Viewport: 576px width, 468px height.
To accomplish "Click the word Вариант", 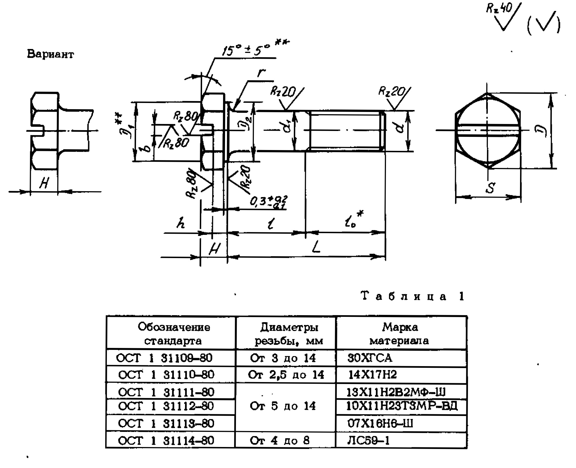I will pyautogui.click(x=50, y=54).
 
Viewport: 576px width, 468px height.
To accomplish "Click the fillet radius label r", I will pyautogui.click(x=261, y=72).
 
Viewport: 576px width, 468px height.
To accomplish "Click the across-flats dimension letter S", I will pyautogui.click(x=490, y=188).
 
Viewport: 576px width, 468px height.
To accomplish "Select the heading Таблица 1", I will pyautogui.click(x=413, y=296).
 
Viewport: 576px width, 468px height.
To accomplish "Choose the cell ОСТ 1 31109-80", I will pyautogui.click(x=164, y=358).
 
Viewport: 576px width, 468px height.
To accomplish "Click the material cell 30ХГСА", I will pyautogui.click(x=369, y=358).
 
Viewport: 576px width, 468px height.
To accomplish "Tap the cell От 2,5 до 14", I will pyautogui.click(x=286, y=375).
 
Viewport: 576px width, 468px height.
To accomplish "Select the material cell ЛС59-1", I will pyautogui.click(x=368, y=441).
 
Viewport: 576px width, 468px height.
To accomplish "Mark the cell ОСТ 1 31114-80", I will pyautogui.click(x=166, y=441).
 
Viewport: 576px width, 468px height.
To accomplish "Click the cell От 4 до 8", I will pyautogui.click(x=280, y=441).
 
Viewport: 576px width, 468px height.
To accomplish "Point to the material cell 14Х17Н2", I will pyautogui.click(x=372, y=375).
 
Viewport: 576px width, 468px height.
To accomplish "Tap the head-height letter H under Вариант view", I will pyautogui.click(x=44, y=183).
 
